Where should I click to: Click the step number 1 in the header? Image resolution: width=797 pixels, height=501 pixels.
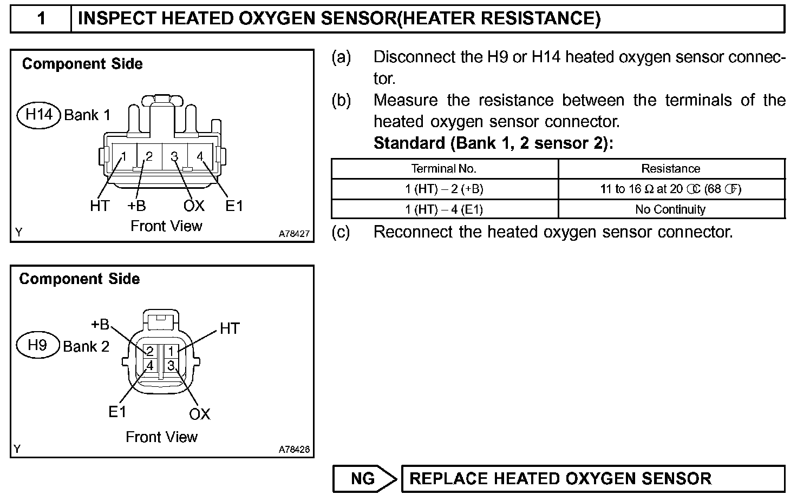coord(41,19)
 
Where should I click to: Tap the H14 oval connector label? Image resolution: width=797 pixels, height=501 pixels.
coord(39,115)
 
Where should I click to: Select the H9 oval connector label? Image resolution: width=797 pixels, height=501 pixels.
coord(37,345)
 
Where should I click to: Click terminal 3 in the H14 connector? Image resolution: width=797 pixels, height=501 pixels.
coord(174,156)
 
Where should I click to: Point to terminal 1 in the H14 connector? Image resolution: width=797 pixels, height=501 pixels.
coord(123,156)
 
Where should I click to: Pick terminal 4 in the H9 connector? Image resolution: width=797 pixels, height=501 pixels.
coord(150,365)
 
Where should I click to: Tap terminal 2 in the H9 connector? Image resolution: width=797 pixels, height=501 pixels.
coord(150,351)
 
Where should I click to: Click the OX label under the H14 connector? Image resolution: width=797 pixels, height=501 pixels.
coord(194,206)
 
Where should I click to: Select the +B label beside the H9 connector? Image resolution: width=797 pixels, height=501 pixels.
coord(100,324)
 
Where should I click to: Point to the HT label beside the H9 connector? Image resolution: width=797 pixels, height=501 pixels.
coord(230,328)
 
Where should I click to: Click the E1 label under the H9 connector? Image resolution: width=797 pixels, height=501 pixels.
coord(117,412)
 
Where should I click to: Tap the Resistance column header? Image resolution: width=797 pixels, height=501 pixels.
coord(671,168)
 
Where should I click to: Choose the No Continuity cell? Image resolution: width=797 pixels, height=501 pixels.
coord(671,209)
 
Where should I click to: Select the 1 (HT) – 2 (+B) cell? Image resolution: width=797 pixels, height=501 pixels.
coord(444,189)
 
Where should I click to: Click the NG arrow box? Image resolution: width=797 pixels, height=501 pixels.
coord(364,479)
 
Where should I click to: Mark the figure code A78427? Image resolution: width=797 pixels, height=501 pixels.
coord(295,234)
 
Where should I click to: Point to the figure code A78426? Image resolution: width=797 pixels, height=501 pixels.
coord(295,449)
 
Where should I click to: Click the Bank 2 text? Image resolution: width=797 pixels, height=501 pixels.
coord(86,346)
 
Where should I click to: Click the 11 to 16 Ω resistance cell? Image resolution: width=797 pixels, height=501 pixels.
coord(671,189)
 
